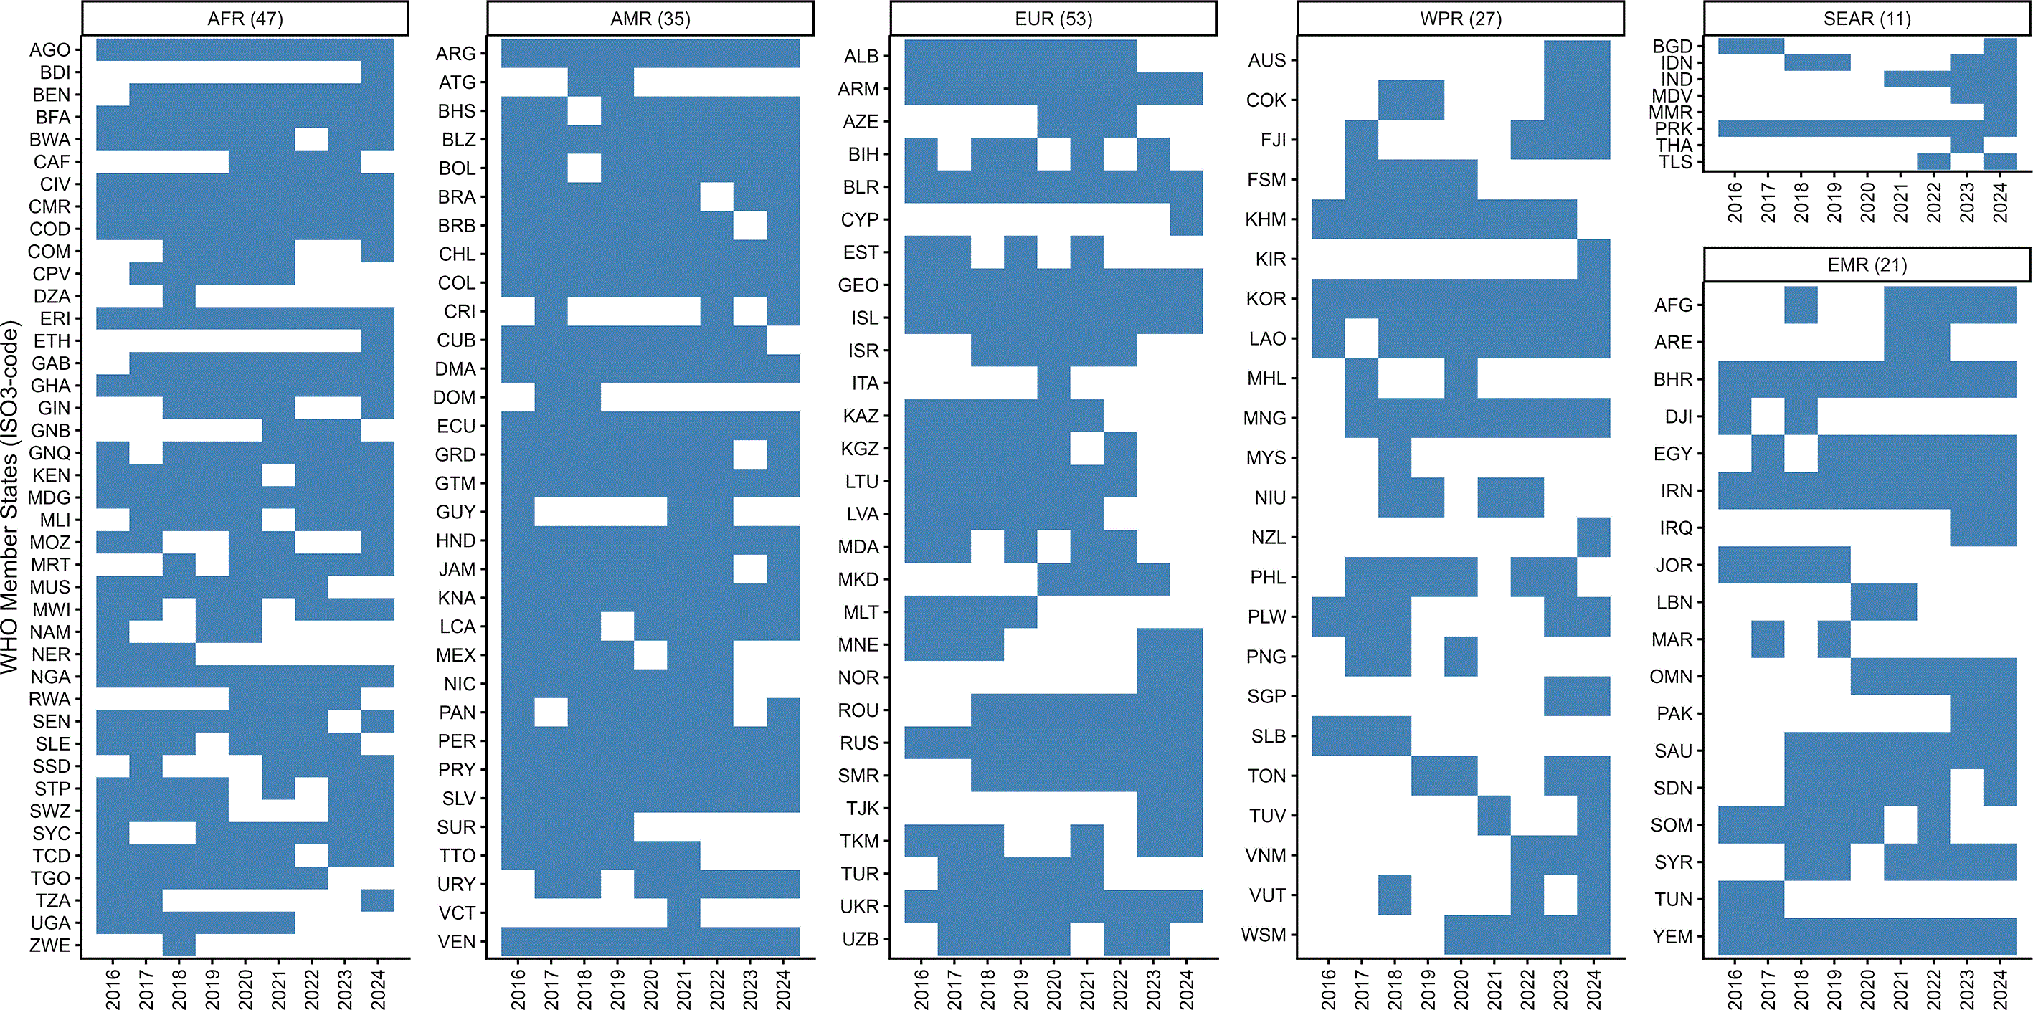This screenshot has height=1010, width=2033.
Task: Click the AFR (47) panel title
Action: coord(245,19)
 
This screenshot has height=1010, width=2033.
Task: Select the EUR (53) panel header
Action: coord(1053,19)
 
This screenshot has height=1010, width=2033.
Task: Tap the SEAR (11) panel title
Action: coord(1867,19)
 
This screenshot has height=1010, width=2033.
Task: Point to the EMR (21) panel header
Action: coord(1867,265)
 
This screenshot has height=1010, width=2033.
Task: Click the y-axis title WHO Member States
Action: coord(10,497)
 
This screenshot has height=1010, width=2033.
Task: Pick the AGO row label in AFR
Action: coord(49,49)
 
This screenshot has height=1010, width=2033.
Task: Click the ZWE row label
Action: coord(49,945)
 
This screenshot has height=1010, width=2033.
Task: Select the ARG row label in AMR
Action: coord(456,54)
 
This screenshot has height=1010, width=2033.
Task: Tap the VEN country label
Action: coord(457,941)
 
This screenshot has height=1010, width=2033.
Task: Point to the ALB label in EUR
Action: coord(861,56)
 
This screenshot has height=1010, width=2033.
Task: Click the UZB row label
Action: coord(861,939)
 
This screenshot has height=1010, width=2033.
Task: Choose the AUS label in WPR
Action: coord(1267,60)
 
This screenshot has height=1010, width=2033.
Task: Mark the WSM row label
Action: coord(1264,935)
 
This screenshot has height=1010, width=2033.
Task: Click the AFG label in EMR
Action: coord(1673,305)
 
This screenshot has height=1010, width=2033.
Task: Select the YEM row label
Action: coord(1672,937)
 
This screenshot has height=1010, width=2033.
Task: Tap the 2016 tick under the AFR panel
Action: coord(113,989)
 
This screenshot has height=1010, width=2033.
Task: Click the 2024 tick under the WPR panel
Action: coord(1593,989)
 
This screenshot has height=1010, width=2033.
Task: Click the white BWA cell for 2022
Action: coord(312,139)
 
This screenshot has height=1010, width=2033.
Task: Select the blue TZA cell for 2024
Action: coord(378,900)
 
